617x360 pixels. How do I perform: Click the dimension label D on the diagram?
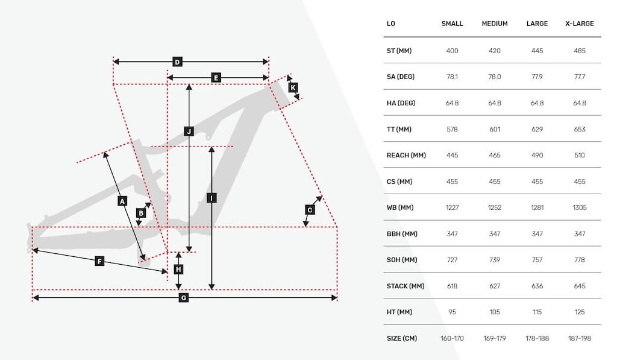click(177, 62)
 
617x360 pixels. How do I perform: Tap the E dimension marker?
click(216, 78)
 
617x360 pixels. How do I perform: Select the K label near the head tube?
click(293, 87)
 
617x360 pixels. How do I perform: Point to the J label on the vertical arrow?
click(189, 131)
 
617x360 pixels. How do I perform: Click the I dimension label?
click(211, 198)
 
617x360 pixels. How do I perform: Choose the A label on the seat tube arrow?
click(122, 201)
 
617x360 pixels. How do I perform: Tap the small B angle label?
click(141, 213)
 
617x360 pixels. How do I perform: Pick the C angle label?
click(310, 210)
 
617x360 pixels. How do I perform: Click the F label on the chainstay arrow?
click(99, 261)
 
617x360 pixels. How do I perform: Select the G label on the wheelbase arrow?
click(183, 298)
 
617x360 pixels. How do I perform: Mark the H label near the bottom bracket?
click(178, 270)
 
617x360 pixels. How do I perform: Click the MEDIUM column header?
click(495, 24)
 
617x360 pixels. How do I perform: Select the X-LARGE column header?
click(580, 24)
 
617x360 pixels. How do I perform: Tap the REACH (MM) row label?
click(406, 155)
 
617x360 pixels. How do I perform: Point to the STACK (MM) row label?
click(406, 286)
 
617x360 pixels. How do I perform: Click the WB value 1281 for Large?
click(537, 207)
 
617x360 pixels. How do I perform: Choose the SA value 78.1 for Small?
click(452, 77)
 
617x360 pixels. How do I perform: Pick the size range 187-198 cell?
click(580, 338)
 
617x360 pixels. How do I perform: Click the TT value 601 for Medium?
click(495, 129)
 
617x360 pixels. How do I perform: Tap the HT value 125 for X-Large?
click(580, 312)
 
